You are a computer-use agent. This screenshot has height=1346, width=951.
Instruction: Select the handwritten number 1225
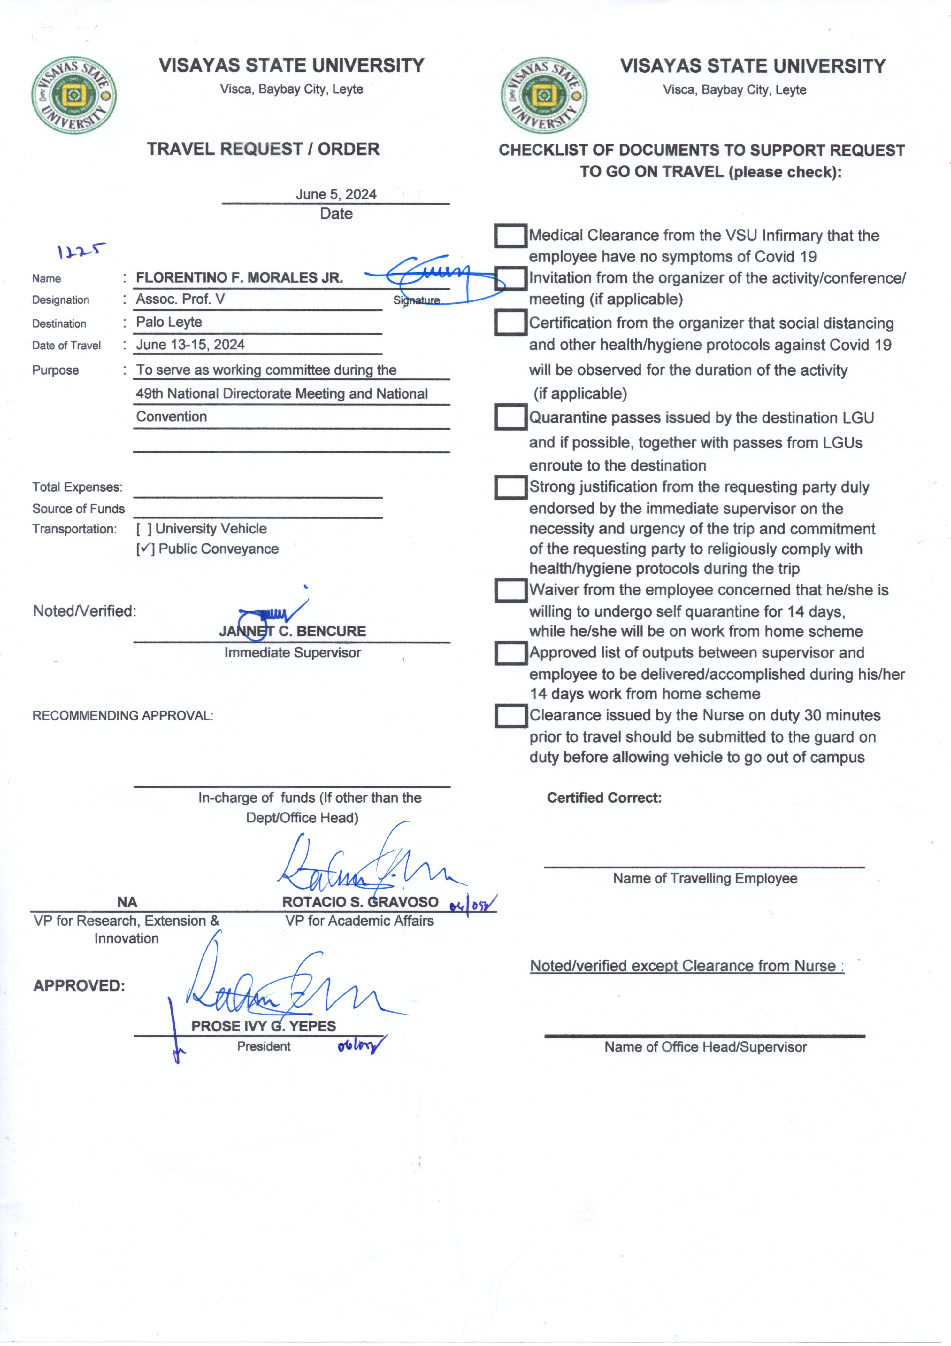pyautogui.click(x=81, y=252)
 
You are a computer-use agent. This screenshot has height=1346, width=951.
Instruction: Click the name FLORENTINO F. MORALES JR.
pyautogui.click(x=239, y=278)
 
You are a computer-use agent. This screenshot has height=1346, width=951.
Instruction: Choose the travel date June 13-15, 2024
pyautogui.click(x=190, y=345)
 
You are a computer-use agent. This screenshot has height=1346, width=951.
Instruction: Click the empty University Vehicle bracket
pyautogui.click(x=144, y=529)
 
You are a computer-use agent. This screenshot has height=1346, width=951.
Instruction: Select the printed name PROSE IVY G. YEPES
pyautogui.click(x=263, y=1026)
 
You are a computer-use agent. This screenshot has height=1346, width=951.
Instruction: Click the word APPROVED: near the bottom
pyautogui.click(x=79, y=985)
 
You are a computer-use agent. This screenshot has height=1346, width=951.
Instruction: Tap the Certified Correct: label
pyautogui.click(x=604, y=798)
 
